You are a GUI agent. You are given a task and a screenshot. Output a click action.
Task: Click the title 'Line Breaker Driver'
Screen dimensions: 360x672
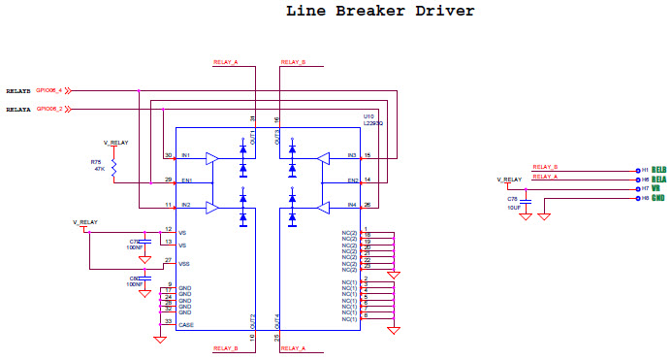(x=380, y=12)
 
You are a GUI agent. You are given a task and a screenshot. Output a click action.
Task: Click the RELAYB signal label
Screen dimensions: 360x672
(x=19, y=90)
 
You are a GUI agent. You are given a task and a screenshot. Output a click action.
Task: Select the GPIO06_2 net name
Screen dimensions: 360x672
(x=50, y=110)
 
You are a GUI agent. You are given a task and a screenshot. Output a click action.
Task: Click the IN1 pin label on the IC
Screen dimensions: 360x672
(x=185, y=156)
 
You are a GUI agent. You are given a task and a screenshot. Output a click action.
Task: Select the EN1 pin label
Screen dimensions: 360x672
(x=186, y=180)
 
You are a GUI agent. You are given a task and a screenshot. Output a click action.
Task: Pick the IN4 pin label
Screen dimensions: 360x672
(x=352, y=205)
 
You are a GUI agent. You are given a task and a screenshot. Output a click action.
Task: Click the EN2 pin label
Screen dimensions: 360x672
(x=353, y=180)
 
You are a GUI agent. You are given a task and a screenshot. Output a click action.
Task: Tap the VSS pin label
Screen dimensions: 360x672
(x=185, y=263)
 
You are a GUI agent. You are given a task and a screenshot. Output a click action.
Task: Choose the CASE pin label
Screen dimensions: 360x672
(x=186, y=324)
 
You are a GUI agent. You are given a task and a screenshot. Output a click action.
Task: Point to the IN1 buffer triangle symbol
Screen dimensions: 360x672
(x=212, y=156)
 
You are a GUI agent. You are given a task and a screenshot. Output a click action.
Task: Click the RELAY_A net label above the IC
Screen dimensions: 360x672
(x=225, y=61)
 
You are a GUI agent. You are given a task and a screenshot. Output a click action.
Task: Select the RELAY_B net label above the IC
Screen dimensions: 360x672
(x=293, y=61)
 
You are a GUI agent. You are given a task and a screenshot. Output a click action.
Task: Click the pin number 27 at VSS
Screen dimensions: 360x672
(x=169, y=260)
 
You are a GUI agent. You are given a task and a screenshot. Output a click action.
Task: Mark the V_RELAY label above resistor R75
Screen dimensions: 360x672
(x=115, y=143)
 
